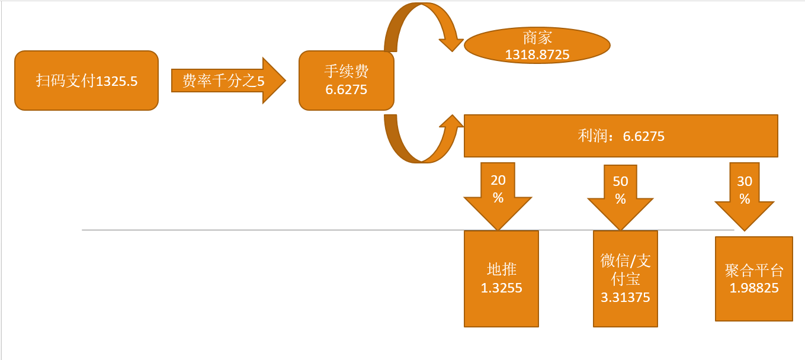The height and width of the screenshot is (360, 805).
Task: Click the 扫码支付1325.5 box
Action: tap(86, 81)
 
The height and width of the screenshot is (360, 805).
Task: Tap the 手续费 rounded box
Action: tap(347, 81)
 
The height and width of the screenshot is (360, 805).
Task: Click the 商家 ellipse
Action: tap(537, 46)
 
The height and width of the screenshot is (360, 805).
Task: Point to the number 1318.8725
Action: tap(537, 55)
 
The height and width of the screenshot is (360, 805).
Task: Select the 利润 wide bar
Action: tap(621, 136)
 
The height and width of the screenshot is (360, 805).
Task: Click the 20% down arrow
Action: tap(498, 195)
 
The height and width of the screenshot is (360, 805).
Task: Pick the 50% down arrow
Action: tap(620, 197)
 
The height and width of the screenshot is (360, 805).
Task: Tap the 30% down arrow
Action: tap(744, 196)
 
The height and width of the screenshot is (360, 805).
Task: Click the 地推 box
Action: tap(501, 278)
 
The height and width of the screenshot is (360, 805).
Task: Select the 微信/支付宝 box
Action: tap(625, 278)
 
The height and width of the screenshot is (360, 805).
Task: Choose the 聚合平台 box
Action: tap(753, 279)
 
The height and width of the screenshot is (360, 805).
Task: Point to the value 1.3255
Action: tap(501, 288)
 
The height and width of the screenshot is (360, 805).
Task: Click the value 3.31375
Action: tap(625, 297)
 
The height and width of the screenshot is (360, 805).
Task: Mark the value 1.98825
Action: tap(753, 288)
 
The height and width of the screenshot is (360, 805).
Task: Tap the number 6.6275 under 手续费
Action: tap(347, 90)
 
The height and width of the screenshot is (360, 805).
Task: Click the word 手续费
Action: tap(347, 72)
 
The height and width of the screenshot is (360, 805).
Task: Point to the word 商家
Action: tap(537, 37)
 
